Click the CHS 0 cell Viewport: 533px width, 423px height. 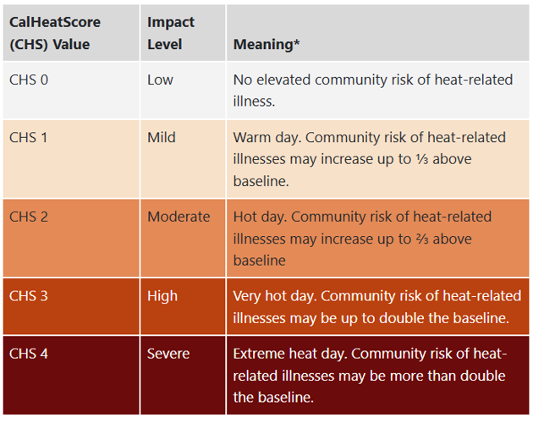[x=29, y=80]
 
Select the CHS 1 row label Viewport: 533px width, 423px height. [x=29, y=137]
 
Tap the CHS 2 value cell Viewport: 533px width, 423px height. [x=29, y=217]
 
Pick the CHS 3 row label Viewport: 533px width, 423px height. [x=29, y=295]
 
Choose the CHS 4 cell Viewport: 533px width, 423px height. [x=29, y=353]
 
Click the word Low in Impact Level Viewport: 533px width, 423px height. [x=160, y=80]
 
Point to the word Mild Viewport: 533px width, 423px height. [x=162, y=137]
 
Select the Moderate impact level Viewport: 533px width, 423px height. [x=179, y=217]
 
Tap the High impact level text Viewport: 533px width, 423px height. [x=162, y=295]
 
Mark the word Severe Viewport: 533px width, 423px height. [x=169, y=353]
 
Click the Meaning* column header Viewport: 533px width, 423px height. [x=266, y=44]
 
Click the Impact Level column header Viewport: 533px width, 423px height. [x=171, y=33]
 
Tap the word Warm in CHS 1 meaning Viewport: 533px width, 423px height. [x=251, y=137]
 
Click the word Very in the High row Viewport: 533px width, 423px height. [x=249, y=295]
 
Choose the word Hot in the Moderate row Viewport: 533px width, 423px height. [x=246, y=217]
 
